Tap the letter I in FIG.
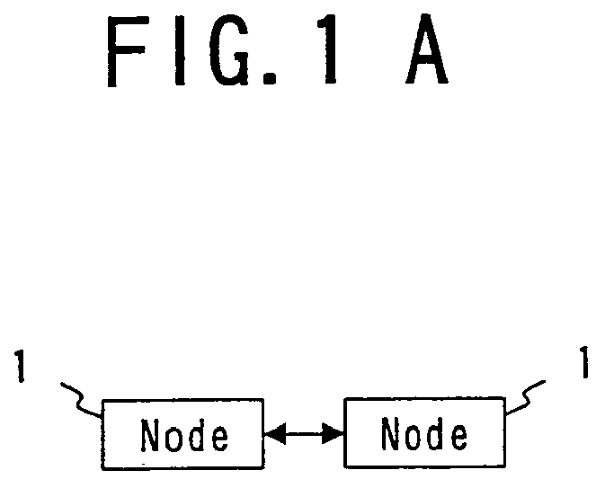click(x=180, y=50)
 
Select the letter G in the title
click(x=229, y=50)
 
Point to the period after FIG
click(x=270, y=77)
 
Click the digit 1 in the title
click(x=328, y=49)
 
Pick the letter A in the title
click(x=427, y=49)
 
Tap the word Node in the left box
click(x=184, y=436)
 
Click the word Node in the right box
click(x=424, y=433)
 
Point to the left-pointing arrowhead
click(x=275, y=433)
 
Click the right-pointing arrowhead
click(x=333, y=433)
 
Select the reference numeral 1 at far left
click(x=20, y=366)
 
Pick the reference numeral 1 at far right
click(x=584, y=362)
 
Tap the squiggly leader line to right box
click(x=525, y=396)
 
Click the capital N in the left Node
click(x=150, y=435)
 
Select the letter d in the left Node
click(x=197, y=435)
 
